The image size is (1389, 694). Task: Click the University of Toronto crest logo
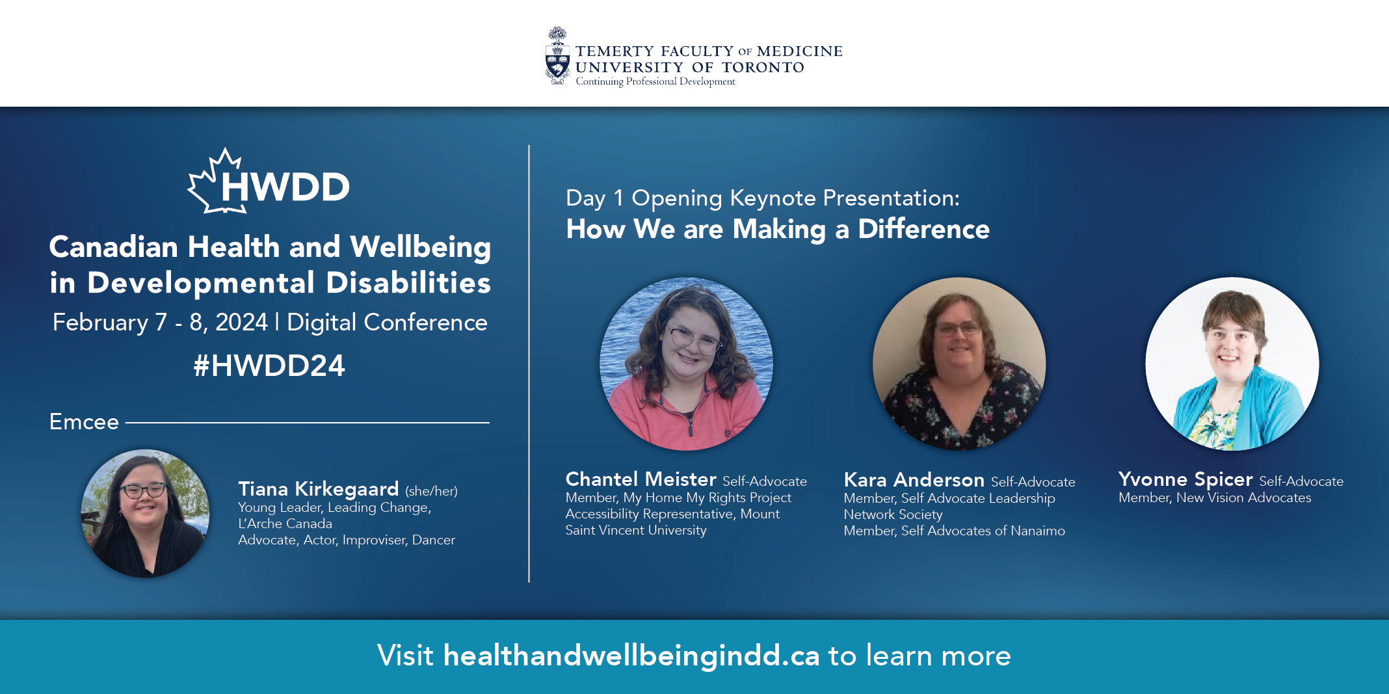[557, 56]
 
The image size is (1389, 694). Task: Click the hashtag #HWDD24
[269, 366]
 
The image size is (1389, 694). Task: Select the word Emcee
[84, 422]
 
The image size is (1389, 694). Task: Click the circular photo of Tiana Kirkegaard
[145, 513]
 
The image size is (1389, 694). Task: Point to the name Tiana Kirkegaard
[318, 489]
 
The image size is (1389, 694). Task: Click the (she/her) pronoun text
[431, 491]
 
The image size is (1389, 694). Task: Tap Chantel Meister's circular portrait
[686, 364]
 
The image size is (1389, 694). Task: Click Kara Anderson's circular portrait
[959, 364]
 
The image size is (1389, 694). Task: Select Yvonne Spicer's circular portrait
[1232, 364]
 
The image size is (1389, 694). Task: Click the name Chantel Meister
[641, 479]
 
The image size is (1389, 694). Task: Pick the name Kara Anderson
[914, 480]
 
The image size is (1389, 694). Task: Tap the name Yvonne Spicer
[1185, 480]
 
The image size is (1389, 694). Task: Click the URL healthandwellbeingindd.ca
[631, 656]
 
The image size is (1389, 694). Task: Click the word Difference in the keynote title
[923, 229]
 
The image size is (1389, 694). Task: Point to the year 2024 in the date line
[241, 323]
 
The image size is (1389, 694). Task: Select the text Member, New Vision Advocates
[1215, 498]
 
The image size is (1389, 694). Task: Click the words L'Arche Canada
[285, 524]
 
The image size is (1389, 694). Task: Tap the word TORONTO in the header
[763, 68]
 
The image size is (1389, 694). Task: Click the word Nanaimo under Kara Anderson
[1038, 531]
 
